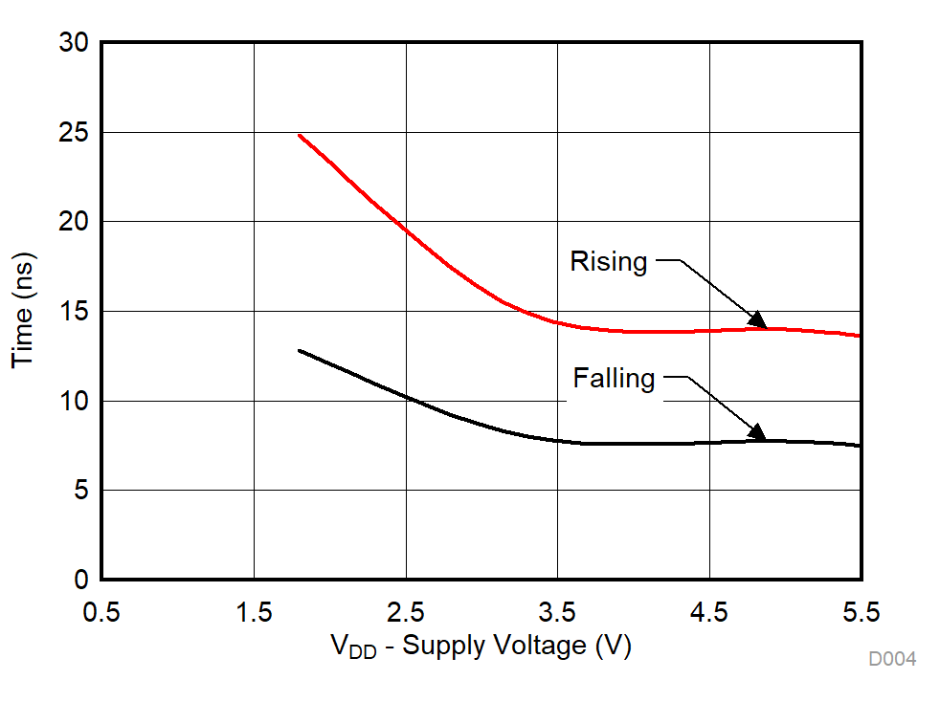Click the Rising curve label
pyautogui.click(x=609, y=261)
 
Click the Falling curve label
pyautogui.click(x=614, y=379)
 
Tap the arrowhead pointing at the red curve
pyautogui.click(x=757, y=320)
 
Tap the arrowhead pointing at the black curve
pyautogui.click(x=757, y=432)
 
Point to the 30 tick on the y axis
pyautogui.click(x=74, y=44)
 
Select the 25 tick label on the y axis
pyautogui.click(x=74, y=133)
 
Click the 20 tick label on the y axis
pyautogui.click(x=74, y=222)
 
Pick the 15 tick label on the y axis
pyautogui.click(x=74, y=312)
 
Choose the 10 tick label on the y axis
pyautogui.click(x=74, y=402)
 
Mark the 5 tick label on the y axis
pyautogui.click(x=81, y=491)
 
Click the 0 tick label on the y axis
pyautogui.click(x=81, y=581)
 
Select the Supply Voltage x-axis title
pyautogui.click(x=481, y=647)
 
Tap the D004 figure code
pyautogui.click(x=891, y=659)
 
